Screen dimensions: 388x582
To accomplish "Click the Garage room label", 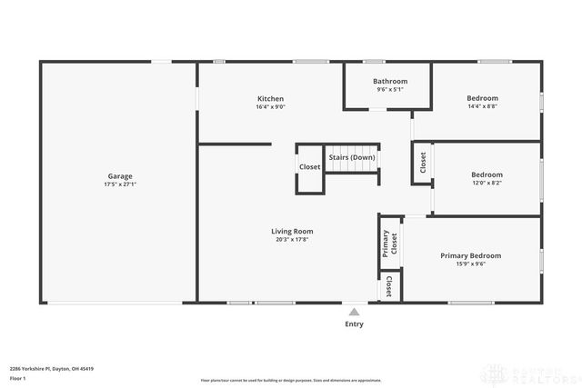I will [119, 176].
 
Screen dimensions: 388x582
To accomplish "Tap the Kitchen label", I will [270, 98].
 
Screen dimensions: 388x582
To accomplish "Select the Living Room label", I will [292, 231].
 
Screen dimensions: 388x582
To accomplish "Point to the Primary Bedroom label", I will [470, 255].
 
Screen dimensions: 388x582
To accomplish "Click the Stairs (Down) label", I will [352, 157].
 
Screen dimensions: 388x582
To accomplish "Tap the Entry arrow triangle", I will [354, 310].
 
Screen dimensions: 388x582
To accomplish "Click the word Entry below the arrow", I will [354, 323].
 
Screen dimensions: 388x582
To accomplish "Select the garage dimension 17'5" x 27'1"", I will [119, 184].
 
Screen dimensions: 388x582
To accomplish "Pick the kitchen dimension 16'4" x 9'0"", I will [270, 106].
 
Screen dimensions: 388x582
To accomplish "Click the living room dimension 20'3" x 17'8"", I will [292, 239].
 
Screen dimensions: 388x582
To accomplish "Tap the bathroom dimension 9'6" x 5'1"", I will [390, 89].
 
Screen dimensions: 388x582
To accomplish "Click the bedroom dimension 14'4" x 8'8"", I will [482, 106].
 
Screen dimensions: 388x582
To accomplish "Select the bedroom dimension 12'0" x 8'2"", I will [486, 183].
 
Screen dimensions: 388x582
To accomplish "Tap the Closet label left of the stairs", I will [309, 167].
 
